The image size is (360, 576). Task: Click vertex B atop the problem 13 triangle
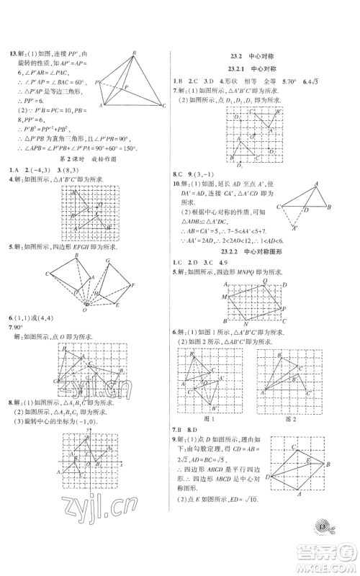point(134,53)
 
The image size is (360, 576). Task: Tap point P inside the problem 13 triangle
point(126,85)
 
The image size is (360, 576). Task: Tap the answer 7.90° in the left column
point(14,327)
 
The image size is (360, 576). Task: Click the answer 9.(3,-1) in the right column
point(207,174)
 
